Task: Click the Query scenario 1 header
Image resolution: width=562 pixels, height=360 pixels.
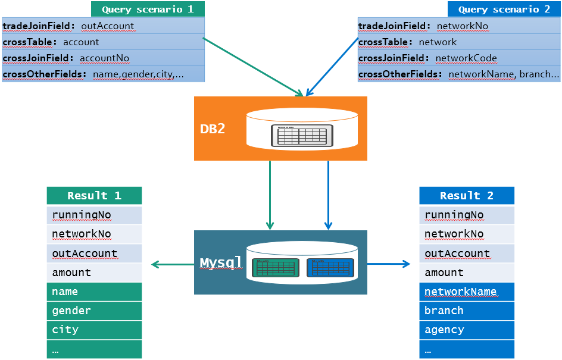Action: coord(148,10)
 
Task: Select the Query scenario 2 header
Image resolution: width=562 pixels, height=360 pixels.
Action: coord(504,10)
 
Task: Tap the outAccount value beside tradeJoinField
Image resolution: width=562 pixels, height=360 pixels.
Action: coord(108,26)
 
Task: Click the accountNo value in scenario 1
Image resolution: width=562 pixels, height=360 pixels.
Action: coord(104,58)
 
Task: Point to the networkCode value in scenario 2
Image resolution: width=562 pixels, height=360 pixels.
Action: coord(466,58)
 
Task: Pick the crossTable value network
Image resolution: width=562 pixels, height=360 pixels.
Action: coord(438,42)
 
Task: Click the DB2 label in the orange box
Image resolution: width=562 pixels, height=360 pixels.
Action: coord(213,129)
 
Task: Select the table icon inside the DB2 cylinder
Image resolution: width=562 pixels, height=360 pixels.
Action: coord(302,135)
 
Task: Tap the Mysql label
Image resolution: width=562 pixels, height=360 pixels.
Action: coord(221,262)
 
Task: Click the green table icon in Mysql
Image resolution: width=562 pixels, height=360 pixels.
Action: coord(275,268)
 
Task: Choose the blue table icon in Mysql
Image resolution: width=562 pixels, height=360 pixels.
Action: coord(330,268)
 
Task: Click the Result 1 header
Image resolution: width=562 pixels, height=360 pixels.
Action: coord(94,196)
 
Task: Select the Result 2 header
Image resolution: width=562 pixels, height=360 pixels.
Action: coord(467,196)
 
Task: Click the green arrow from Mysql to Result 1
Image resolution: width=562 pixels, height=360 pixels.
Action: coord(173,264)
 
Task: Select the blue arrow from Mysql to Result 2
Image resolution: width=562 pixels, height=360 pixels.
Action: coord(389,264)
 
